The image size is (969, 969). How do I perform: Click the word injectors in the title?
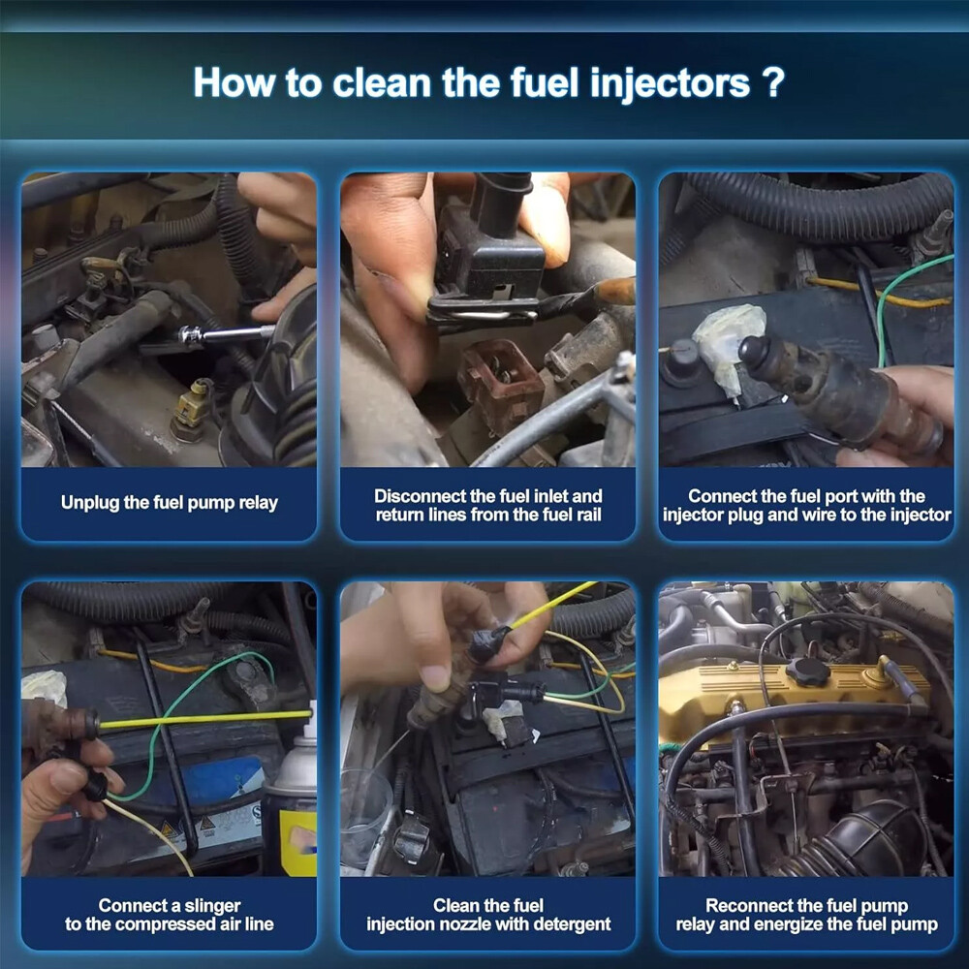tap(670, 83)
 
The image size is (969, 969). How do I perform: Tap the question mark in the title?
tap(773, 81)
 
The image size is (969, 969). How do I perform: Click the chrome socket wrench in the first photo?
tap(226, 334)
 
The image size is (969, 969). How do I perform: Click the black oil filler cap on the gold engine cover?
tap(808, 671)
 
